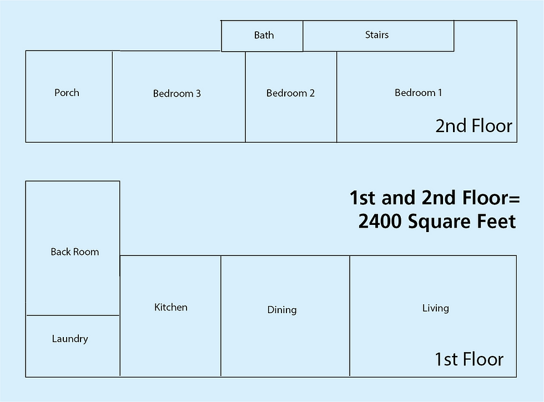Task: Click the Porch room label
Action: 67,93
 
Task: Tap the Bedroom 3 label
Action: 177,93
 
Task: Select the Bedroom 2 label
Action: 290,93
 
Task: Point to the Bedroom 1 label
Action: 418,93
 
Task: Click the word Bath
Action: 264,35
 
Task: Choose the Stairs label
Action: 377,35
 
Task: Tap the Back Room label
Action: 74,252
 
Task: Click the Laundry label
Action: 70,339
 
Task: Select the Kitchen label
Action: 171,307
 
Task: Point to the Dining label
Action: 282,310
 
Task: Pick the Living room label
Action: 435,308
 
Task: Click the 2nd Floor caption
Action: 474,125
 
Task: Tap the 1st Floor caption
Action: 469,359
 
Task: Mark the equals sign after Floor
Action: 515,199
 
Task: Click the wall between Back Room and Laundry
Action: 73,315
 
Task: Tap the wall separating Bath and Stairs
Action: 303,36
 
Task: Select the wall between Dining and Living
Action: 350,316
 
